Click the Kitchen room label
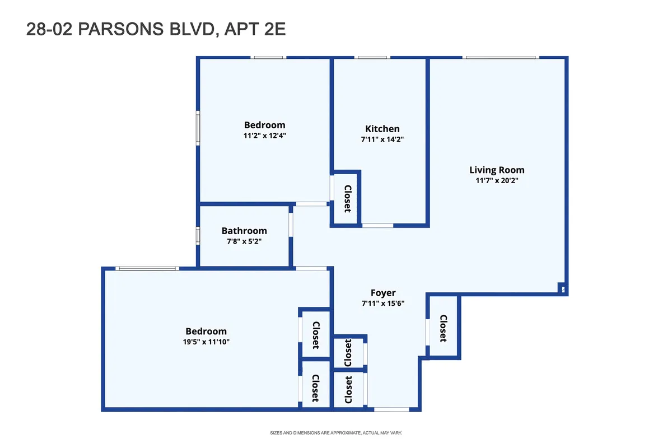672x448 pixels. pyautogui.click(x=382, y=129)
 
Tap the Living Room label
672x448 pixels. pyautogui.click(x=497, y=170)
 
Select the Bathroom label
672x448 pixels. pyautogui.click(x=244, y=231)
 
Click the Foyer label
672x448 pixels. pyautogui.click(x=383, y=293)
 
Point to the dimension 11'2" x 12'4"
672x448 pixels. pyautogui.click(x=264, y=136)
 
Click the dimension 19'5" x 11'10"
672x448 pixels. pyautogui.click(x=206, y=342)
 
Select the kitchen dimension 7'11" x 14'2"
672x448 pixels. pyautogui.click(x=382, y=139)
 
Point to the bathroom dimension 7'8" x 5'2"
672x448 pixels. pyautogui.click(x=244, y=241)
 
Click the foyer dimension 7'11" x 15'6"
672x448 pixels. pyautogui.click(x=383, y=304)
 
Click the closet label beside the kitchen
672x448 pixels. pyautogui.click(x=347, y=199)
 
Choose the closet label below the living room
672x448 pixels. pyautogui.click(x=443, y=329)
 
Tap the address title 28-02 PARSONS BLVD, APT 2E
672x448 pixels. pyautogui.click(x=156, y=29)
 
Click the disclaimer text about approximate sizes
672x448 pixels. pyautogui.click(x=336, y=433)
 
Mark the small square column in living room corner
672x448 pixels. pyautogui.click(x=562, y=290)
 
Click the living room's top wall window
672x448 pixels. pyautogui.click(x=500, y=57)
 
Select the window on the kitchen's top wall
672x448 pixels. pyautogui.click(x=372, y=57)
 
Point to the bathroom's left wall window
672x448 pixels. pyautogui.click(x=198, y=235)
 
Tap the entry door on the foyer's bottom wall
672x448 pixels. pyautogui.click(x=391, y=409)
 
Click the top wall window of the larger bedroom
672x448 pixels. pyautogui.click(x=148, y=269)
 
